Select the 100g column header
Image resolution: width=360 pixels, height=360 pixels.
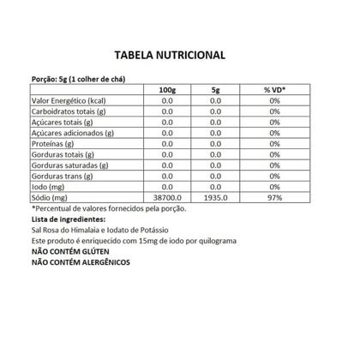tap(167, 89)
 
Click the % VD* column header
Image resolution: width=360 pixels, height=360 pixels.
tap(275, 89)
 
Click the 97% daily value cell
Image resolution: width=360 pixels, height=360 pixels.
tap(275, 197)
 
